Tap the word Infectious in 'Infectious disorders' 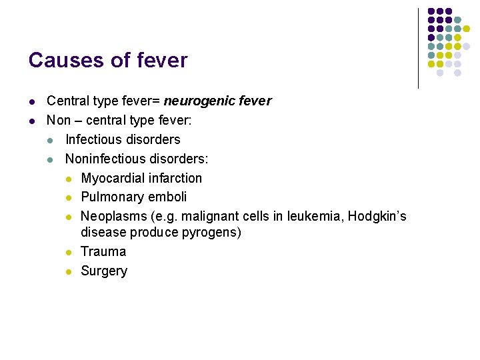click(x=92, y=139)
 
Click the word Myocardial click(x=111, y=178)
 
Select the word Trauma click(x=103, y=251)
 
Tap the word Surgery click(x=104, y=271)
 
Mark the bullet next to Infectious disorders click(x=50, y=140)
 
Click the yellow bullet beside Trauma click(x=69, y=252)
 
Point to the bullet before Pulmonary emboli click(x=69, y=197)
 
